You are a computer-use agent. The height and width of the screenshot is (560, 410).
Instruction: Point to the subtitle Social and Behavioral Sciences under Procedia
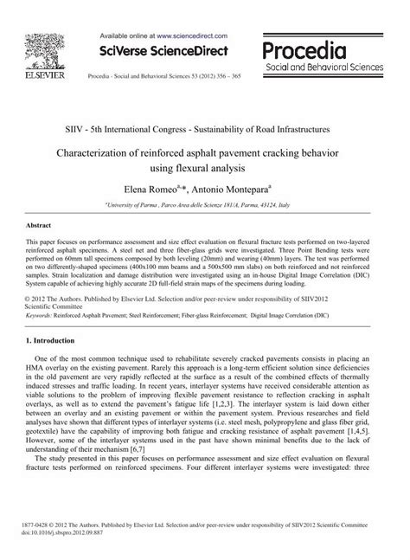(328, 66)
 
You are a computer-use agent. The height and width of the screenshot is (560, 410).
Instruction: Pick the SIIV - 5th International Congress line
(204, 128)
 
